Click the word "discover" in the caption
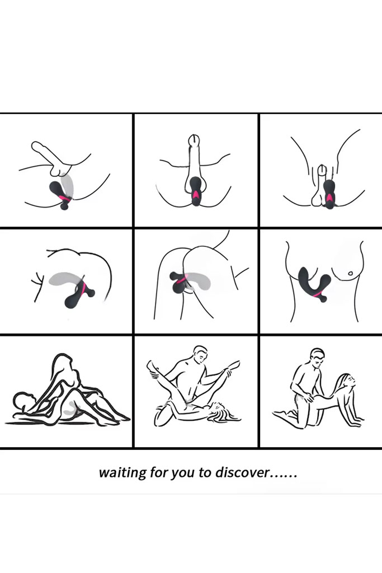243,472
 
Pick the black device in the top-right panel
329,194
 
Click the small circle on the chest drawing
350,273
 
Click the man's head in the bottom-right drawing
317,359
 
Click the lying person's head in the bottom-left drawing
22,401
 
